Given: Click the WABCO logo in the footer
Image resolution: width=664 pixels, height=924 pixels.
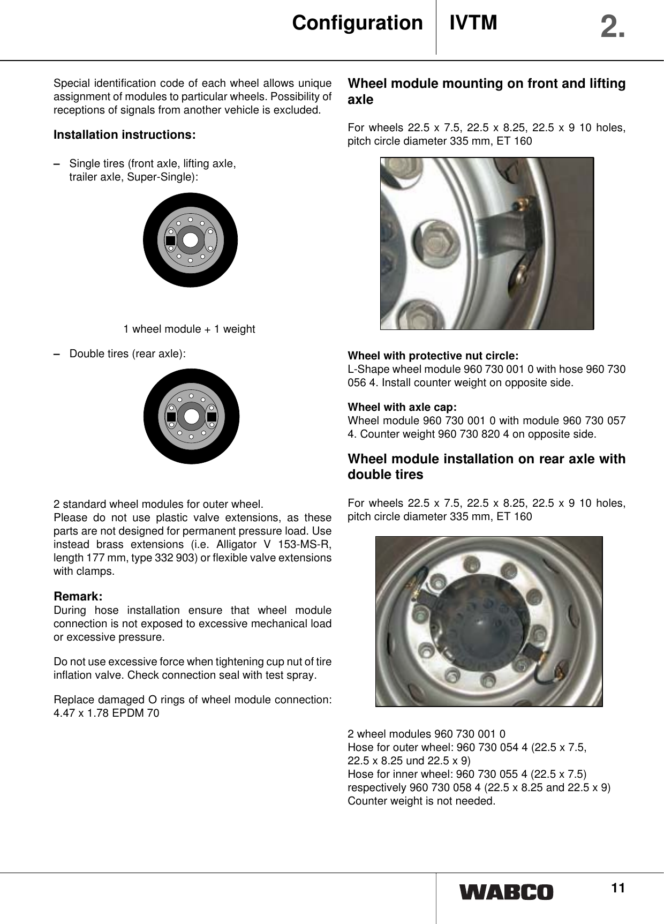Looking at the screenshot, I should (506, 892).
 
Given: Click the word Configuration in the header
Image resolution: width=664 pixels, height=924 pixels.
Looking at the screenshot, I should (357, 24).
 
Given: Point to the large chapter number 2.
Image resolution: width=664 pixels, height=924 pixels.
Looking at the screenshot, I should (612, 27).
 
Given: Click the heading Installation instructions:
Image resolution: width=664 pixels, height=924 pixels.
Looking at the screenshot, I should (125, 134).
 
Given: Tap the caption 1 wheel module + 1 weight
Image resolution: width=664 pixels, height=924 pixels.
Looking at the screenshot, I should (189, 329).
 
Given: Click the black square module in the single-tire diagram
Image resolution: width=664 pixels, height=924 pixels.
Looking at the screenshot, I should (171, 241).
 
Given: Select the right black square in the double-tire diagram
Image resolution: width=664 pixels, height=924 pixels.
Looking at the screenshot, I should (212, 416).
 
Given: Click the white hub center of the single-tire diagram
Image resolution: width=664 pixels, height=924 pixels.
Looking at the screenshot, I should (190, 240).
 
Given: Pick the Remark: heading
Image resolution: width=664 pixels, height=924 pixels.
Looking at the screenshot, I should (78, 596).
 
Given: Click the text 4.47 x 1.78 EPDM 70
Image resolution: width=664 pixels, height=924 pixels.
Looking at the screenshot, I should (107, 713).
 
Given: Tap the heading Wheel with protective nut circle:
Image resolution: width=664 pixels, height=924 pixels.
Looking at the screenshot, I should (433, 356).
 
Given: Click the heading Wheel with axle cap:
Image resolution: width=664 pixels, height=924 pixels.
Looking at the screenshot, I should (402, 407).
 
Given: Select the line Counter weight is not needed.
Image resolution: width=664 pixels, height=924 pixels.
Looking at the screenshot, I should (421, 801).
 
